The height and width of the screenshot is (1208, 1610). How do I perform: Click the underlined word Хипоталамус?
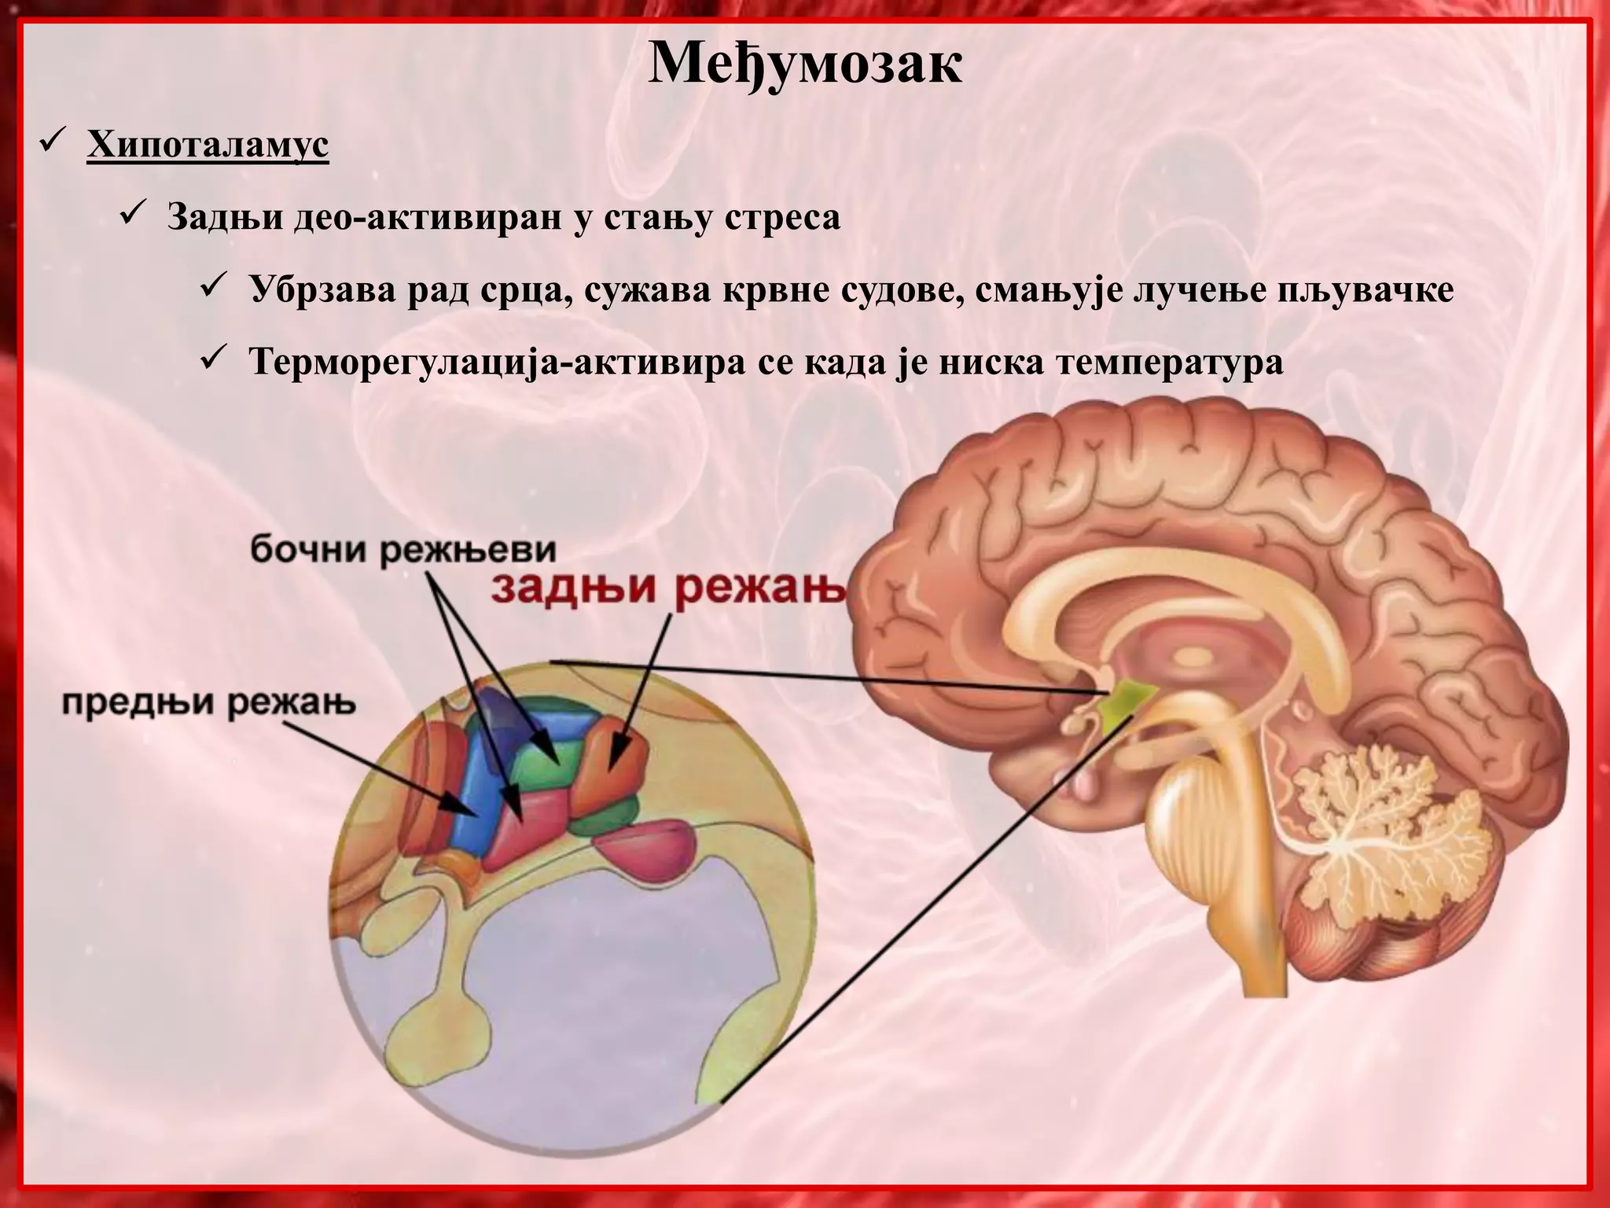pos(208,146)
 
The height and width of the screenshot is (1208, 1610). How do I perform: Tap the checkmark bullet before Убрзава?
pos(215,288)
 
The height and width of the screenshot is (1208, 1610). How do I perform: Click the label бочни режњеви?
pos(402,551)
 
